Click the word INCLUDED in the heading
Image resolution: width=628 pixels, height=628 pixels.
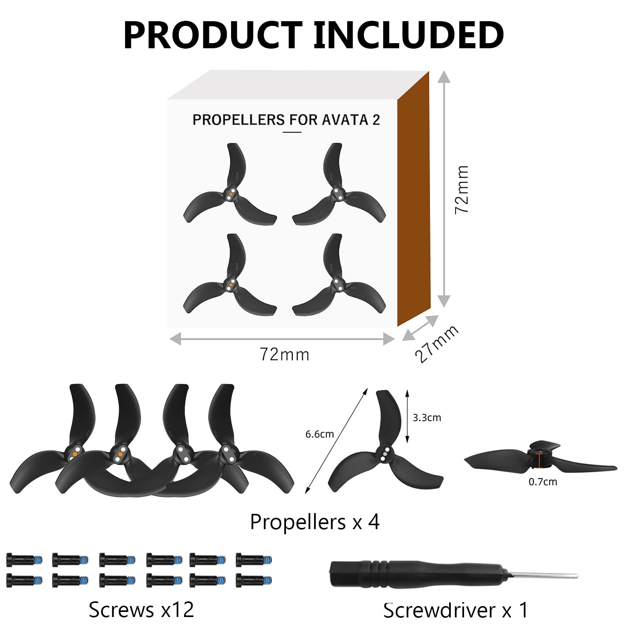pos(408,35)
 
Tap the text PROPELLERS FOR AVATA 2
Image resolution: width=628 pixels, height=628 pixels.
pos(286,120)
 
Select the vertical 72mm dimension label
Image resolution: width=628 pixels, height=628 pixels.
pos(462,189)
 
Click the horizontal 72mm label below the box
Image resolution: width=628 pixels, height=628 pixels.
pos(285,354)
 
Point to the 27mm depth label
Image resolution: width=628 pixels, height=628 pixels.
pos(436,344)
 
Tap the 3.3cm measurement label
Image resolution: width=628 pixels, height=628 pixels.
pos(427,418)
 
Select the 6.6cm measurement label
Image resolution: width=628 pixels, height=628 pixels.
pos(320,434)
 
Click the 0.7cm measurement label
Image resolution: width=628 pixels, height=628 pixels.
pos(543,482)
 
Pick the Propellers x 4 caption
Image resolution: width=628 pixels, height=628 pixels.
pos(315,522)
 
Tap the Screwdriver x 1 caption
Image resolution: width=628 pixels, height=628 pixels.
pos(456,610)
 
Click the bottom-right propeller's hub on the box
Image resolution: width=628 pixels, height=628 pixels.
pos(337,284)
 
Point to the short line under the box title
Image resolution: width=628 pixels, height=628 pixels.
pos(292,132)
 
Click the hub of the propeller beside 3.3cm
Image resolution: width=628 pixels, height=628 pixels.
pos(384,454)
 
